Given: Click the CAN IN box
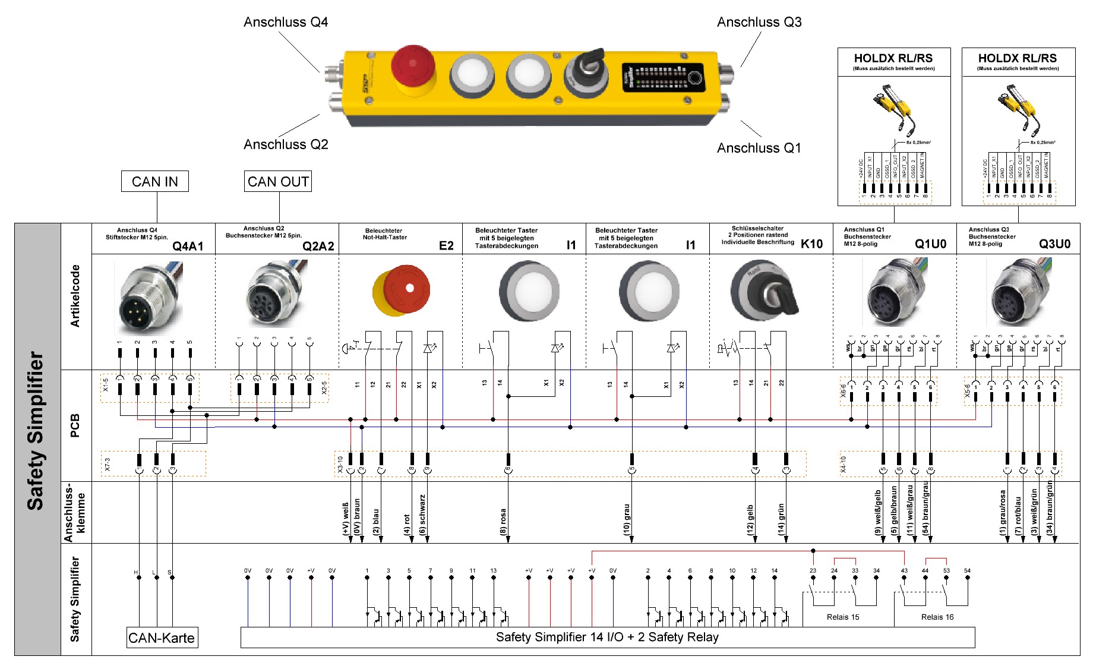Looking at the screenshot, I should pyautogui.click(x=154, y=182).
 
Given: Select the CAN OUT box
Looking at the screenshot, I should pyautogui.click(x=278, y=182).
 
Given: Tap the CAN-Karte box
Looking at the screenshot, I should pyautogui.click(x=162, y=638).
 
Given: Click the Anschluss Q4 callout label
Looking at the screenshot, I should pyautogui.click(x=286, y=23).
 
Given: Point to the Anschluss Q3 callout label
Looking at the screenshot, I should pyautogui.click(x=759, y=23).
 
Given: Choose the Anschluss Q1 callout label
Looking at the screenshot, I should pyautogui.click(x=759, y=148).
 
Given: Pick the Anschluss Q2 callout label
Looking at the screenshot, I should pyautogui.click(x=286, y=144).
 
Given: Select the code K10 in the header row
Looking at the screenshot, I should pyautogui.click(x=811, y=244).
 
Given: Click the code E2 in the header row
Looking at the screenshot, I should pyautogui.click(x=446, y=246).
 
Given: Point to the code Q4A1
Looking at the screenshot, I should pyautogui.click(x=188, y=247).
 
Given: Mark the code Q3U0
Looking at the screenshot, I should pyautogui.click(x=1054, y=244).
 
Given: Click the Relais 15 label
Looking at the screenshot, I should pyautogui.click(x=842, y=617).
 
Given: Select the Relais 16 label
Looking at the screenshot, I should pyautogui.click(x=937, y=617).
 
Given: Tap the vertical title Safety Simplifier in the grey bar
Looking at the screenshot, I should pyautogui.click(x=36, y=431).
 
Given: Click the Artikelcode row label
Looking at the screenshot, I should pyautogui.click(x=75, y=296).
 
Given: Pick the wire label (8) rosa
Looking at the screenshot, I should pyautogui.click(x=503, y=522).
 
